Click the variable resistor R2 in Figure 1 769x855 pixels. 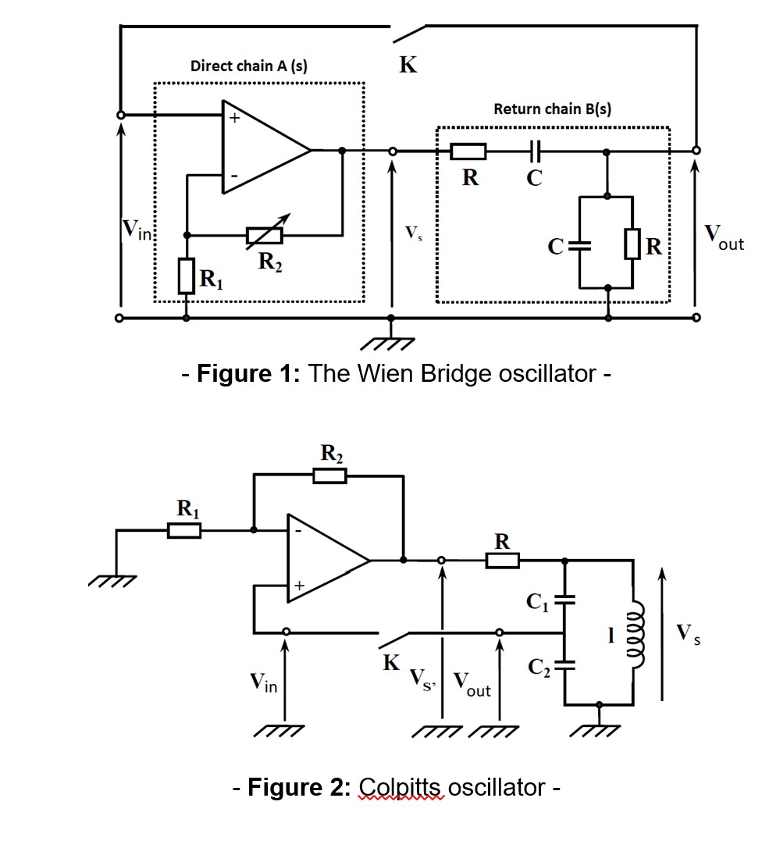(x=263, y=234)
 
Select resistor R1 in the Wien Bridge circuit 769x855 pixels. (x=186, y=276)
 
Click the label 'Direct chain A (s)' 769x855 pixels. (x=248, y=66)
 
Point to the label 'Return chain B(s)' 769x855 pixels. (x=552, y=109)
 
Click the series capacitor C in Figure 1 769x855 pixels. (x=535, y=150)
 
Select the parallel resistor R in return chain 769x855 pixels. (x=632, y=248)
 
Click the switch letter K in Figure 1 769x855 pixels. (x=408, y=65)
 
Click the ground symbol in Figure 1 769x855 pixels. (x=390, y=343)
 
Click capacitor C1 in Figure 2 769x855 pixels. (x=565, y=600)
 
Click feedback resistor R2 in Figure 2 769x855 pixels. (x=329, y=475)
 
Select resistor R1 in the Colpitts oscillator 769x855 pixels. (x=185, y=531)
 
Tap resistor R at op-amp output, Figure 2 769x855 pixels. (x=503, y=560)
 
